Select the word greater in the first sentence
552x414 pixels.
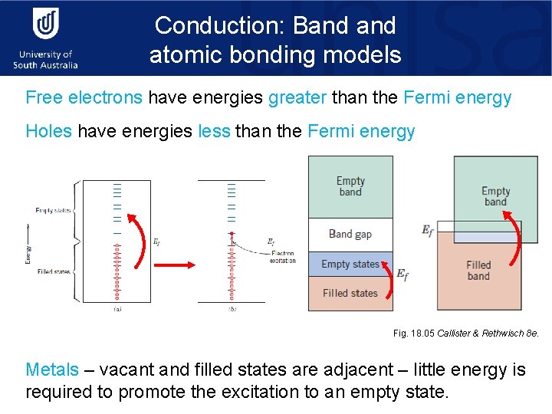(298, 97)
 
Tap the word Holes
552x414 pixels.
(48, 131)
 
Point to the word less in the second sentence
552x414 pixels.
(214, 131)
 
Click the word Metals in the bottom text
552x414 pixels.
(52, 370)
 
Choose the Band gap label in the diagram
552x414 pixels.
(350, 234)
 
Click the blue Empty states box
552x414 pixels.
(350, 264)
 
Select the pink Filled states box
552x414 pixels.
(350, 293)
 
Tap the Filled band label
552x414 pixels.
(478, 271)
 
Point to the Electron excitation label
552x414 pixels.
(282, 256)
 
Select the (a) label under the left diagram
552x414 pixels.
(117, 308)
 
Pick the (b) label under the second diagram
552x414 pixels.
(232, 308)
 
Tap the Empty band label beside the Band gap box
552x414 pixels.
(350, 186)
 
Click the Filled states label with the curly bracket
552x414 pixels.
(52, 271)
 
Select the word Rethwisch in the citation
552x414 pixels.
(504, 333)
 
